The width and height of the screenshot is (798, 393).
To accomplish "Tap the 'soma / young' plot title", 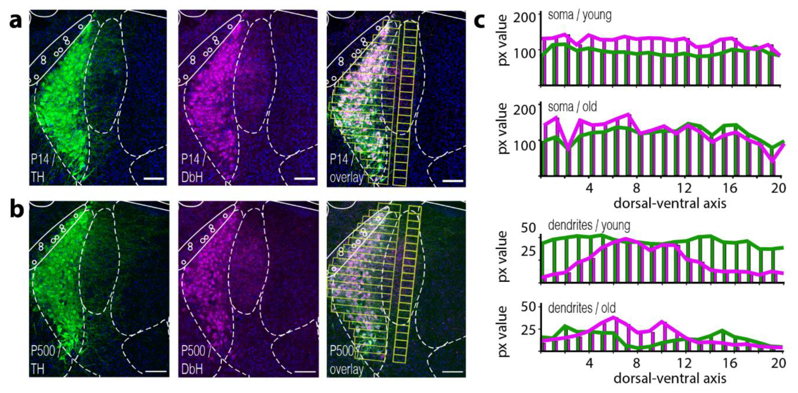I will (580, 15).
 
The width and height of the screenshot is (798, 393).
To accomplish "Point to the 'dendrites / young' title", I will (589, 225).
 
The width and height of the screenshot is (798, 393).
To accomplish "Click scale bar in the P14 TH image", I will (154, 179).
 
